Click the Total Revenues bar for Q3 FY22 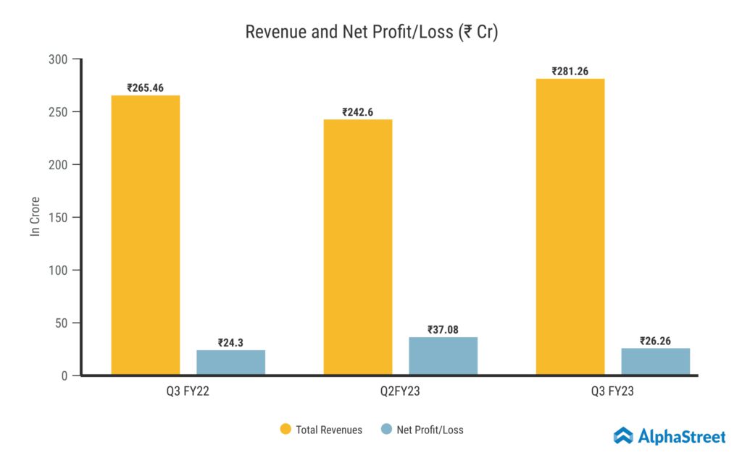pos(145,235)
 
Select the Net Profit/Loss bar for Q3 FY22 pos(230,362)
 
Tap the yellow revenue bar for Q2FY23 pos(358,247)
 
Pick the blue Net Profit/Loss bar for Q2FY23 pos(443,356)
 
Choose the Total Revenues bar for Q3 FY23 pos(570,227)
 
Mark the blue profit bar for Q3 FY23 pos(656,362)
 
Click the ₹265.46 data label pos(145,88)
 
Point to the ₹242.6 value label pos(358,112)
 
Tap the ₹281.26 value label pos(570,72)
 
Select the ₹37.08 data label pos(443,330)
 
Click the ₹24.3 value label pos(230,343)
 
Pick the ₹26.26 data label pos(656,341)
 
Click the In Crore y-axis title pos(35,216)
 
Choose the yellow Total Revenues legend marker pos(285,430)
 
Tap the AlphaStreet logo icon pos(623,436)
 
